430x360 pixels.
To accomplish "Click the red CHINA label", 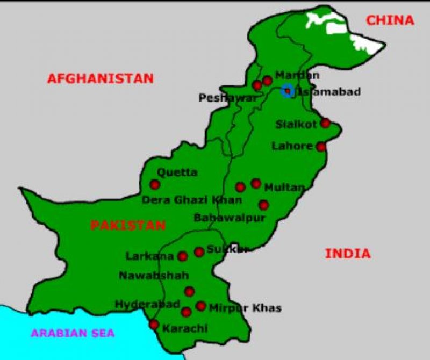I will coord(390,20).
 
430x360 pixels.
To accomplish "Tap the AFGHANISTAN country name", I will coord(101,78).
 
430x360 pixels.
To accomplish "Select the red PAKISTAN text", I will coord(128,225).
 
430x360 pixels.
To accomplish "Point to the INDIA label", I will coord(348,254).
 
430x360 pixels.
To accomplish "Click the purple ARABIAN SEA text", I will coord(73,333).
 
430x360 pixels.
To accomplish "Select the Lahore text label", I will coord(292,146).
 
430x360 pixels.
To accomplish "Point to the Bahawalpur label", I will coord(230,218).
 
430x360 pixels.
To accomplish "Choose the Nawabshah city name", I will coord(154,276).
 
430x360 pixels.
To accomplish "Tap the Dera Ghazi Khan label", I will coord(192,200).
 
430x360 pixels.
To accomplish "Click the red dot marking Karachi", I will coord(154,325).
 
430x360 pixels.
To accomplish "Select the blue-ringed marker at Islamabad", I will coord(287,90).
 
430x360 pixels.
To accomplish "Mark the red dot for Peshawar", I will coord(257,85).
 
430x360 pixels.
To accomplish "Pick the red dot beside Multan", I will coord(256,184).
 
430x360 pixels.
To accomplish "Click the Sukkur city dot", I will coord(199,251).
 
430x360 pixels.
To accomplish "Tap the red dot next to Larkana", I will coord(183,256).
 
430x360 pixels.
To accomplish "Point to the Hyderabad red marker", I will coord(186,312).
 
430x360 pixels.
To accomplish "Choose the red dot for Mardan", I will coord(267,81).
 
